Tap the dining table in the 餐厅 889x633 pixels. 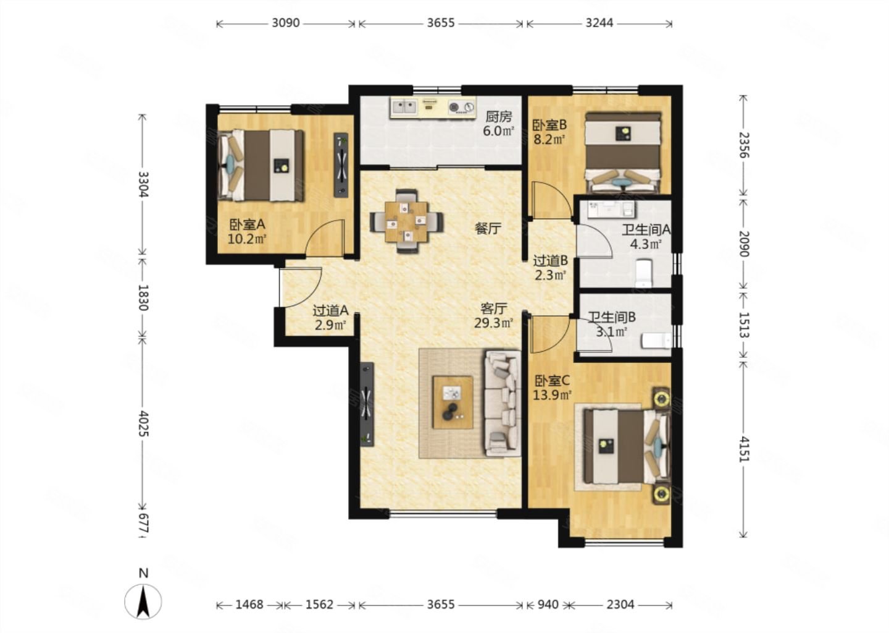[406, 222]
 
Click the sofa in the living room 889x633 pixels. [503, 403]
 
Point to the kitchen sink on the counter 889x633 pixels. [404, 106]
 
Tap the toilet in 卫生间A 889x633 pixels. [643, 274]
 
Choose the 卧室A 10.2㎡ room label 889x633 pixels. [247, 232]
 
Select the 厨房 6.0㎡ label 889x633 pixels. [498, 124]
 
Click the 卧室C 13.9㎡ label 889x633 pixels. [552, 388]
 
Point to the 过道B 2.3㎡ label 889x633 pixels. [550, 268]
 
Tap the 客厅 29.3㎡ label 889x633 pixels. [494, 315]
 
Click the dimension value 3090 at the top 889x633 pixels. [285, 23]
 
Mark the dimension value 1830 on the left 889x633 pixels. [143, 297]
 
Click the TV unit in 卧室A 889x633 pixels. [341, 165]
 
